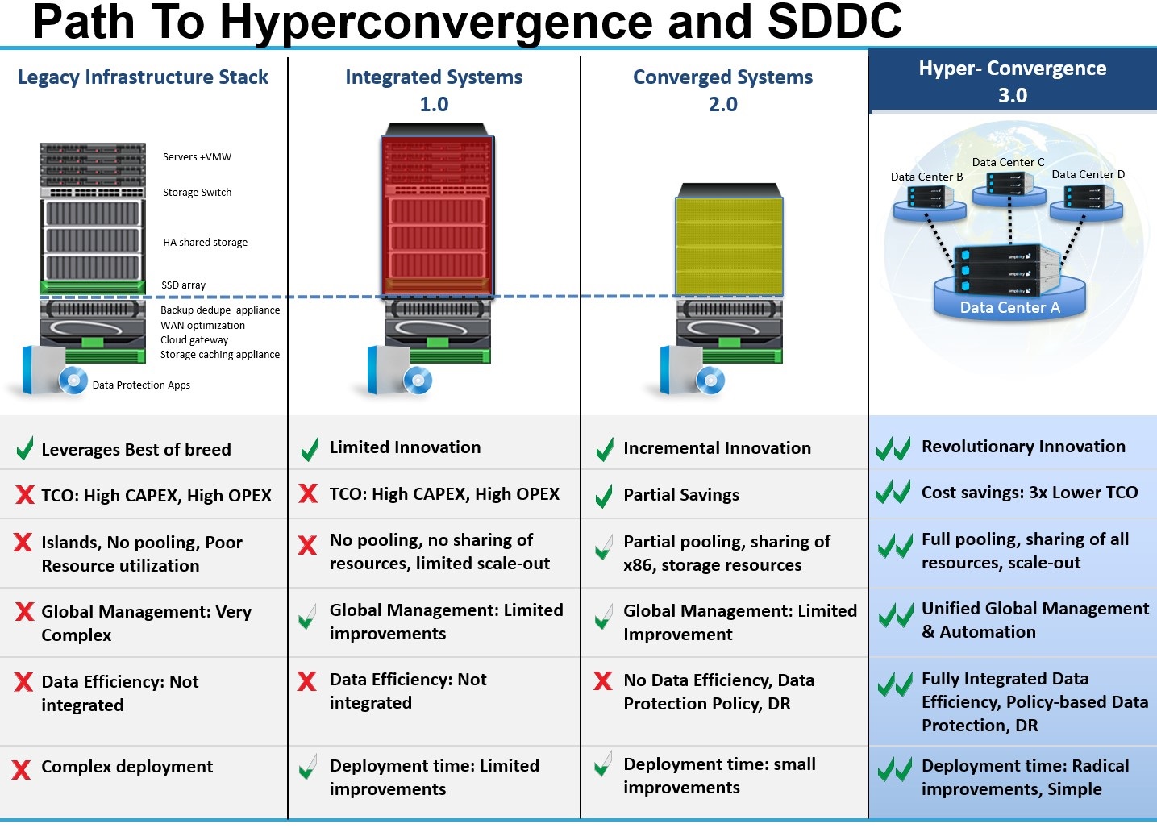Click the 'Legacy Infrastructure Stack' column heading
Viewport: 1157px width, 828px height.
coord(143,77)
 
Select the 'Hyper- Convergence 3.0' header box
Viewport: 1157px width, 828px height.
coord(1012,81)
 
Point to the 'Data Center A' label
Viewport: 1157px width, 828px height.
coord(1009,307)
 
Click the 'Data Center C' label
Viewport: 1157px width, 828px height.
coord(1008,162)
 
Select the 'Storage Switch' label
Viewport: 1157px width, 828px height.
coord(197,193)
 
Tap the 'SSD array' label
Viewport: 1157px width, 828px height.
coord(183,285)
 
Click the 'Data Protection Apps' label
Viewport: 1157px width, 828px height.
coord(141,385)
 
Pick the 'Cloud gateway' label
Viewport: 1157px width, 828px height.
coord(194,340)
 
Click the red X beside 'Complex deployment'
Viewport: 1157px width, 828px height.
coord(22,769)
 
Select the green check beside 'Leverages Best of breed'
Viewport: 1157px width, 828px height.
coord(25,448)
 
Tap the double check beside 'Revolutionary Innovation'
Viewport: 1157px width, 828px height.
coord(893,448)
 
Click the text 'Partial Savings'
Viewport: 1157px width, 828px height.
coord(680,495)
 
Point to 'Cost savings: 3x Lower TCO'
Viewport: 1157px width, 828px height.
coord(1030,493)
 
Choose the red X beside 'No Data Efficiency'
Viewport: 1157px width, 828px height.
coord(602,681)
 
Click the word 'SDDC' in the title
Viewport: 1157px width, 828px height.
coord(834,22)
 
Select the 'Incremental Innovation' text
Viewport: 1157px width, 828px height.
coord(717,448)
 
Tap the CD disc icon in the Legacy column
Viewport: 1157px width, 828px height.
coord(73,380)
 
